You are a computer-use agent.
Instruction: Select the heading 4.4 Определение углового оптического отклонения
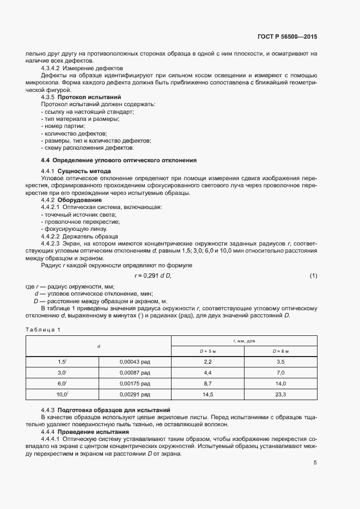tap(119, 160)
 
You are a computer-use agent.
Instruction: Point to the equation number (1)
tap(313, 276)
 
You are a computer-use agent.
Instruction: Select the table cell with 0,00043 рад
tap(134, 361)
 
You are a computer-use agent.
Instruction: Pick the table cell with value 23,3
tap(280, 394)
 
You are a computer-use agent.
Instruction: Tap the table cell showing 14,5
tap(208, 394)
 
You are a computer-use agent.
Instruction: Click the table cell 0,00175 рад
tap(134, 383)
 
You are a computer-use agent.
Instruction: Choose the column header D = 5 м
tap(208, 351)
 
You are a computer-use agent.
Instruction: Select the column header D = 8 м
tap(280, 351)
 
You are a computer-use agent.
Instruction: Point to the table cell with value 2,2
tap(208, 361)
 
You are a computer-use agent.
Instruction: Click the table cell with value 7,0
tap(280, 372)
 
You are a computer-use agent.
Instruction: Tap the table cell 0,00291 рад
tap(134, 394)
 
